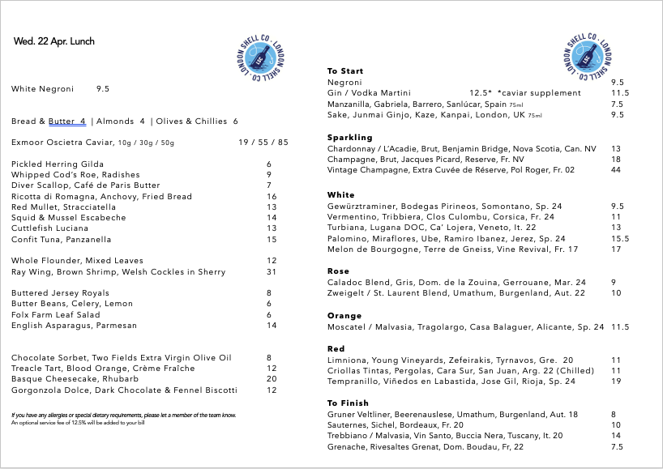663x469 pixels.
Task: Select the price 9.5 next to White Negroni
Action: [x=102, y=89]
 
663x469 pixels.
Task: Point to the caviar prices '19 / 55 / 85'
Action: [x=263, y=143]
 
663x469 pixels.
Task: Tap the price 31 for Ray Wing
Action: [x=272, y=271]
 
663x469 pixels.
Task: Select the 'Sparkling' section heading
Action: [x=349, y=138]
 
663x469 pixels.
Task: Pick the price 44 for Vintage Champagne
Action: [x=616, y=170]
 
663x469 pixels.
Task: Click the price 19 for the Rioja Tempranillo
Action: [x=616, y=381]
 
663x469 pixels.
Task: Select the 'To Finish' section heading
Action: [x=348, y=403]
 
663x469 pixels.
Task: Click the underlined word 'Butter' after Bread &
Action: [x=62, y=122]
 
